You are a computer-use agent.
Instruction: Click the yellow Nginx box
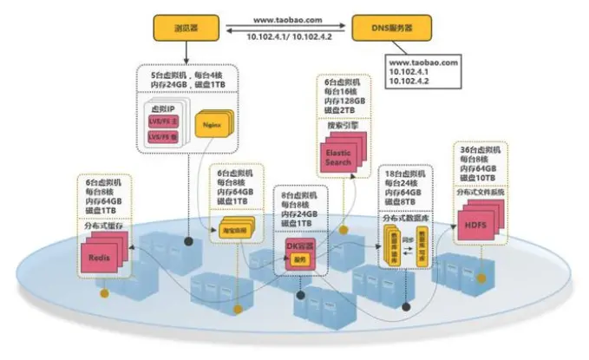[210, 126]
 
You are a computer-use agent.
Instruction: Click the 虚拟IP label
[160, 108]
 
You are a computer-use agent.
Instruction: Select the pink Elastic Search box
[338, 157]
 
